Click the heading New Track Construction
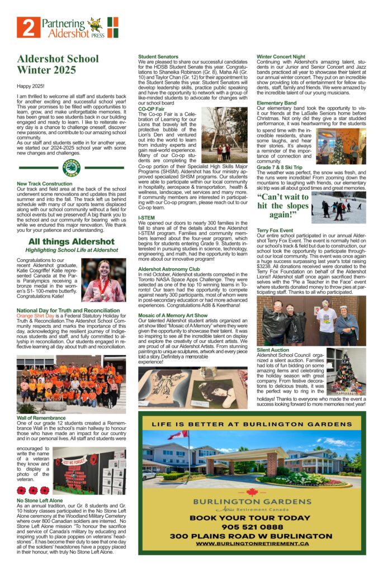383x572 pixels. coord(45,183)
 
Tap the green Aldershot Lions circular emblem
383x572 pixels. coord(72,167)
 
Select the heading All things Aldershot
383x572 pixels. coord(71,242)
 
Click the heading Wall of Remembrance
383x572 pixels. coord(41,417)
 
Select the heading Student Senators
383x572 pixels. coord(159,56)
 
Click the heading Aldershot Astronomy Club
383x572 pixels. coord(169,269)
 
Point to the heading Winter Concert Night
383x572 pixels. coord(281,56)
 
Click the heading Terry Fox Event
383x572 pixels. coord(275,230)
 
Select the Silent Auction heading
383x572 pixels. coord(273,349)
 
